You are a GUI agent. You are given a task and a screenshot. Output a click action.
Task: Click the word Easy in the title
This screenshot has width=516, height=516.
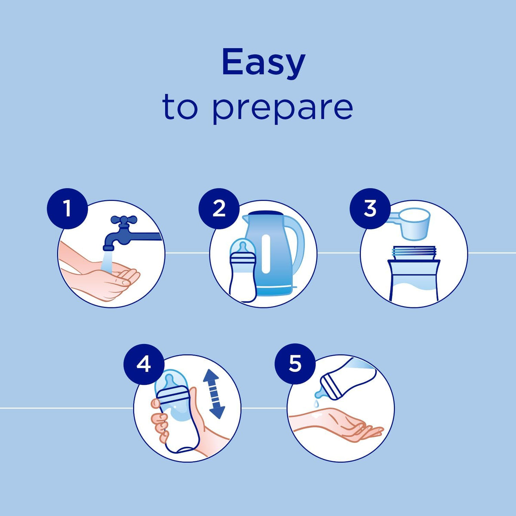264,64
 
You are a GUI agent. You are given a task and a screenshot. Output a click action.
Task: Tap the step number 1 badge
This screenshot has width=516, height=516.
67,209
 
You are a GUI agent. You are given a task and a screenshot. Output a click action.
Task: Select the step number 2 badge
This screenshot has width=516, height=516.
219,209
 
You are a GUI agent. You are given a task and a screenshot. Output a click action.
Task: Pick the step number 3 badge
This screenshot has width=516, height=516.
370,209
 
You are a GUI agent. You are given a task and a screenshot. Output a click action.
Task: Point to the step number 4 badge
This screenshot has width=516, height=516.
144,364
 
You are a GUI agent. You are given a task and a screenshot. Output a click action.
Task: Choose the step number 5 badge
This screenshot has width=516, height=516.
295,364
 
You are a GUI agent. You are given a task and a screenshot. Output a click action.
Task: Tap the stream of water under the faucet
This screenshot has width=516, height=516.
106,261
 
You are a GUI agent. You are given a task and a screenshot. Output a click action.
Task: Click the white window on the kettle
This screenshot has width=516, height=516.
266,254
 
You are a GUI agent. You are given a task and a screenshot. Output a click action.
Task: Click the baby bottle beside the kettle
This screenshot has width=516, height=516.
243,270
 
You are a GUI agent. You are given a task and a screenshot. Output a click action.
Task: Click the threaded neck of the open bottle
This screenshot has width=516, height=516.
414,253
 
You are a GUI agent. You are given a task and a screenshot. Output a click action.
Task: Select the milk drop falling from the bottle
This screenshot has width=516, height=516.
316,403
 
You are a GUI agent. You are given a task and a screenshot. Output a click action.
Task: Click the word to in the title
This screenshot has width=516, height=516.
180,107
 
